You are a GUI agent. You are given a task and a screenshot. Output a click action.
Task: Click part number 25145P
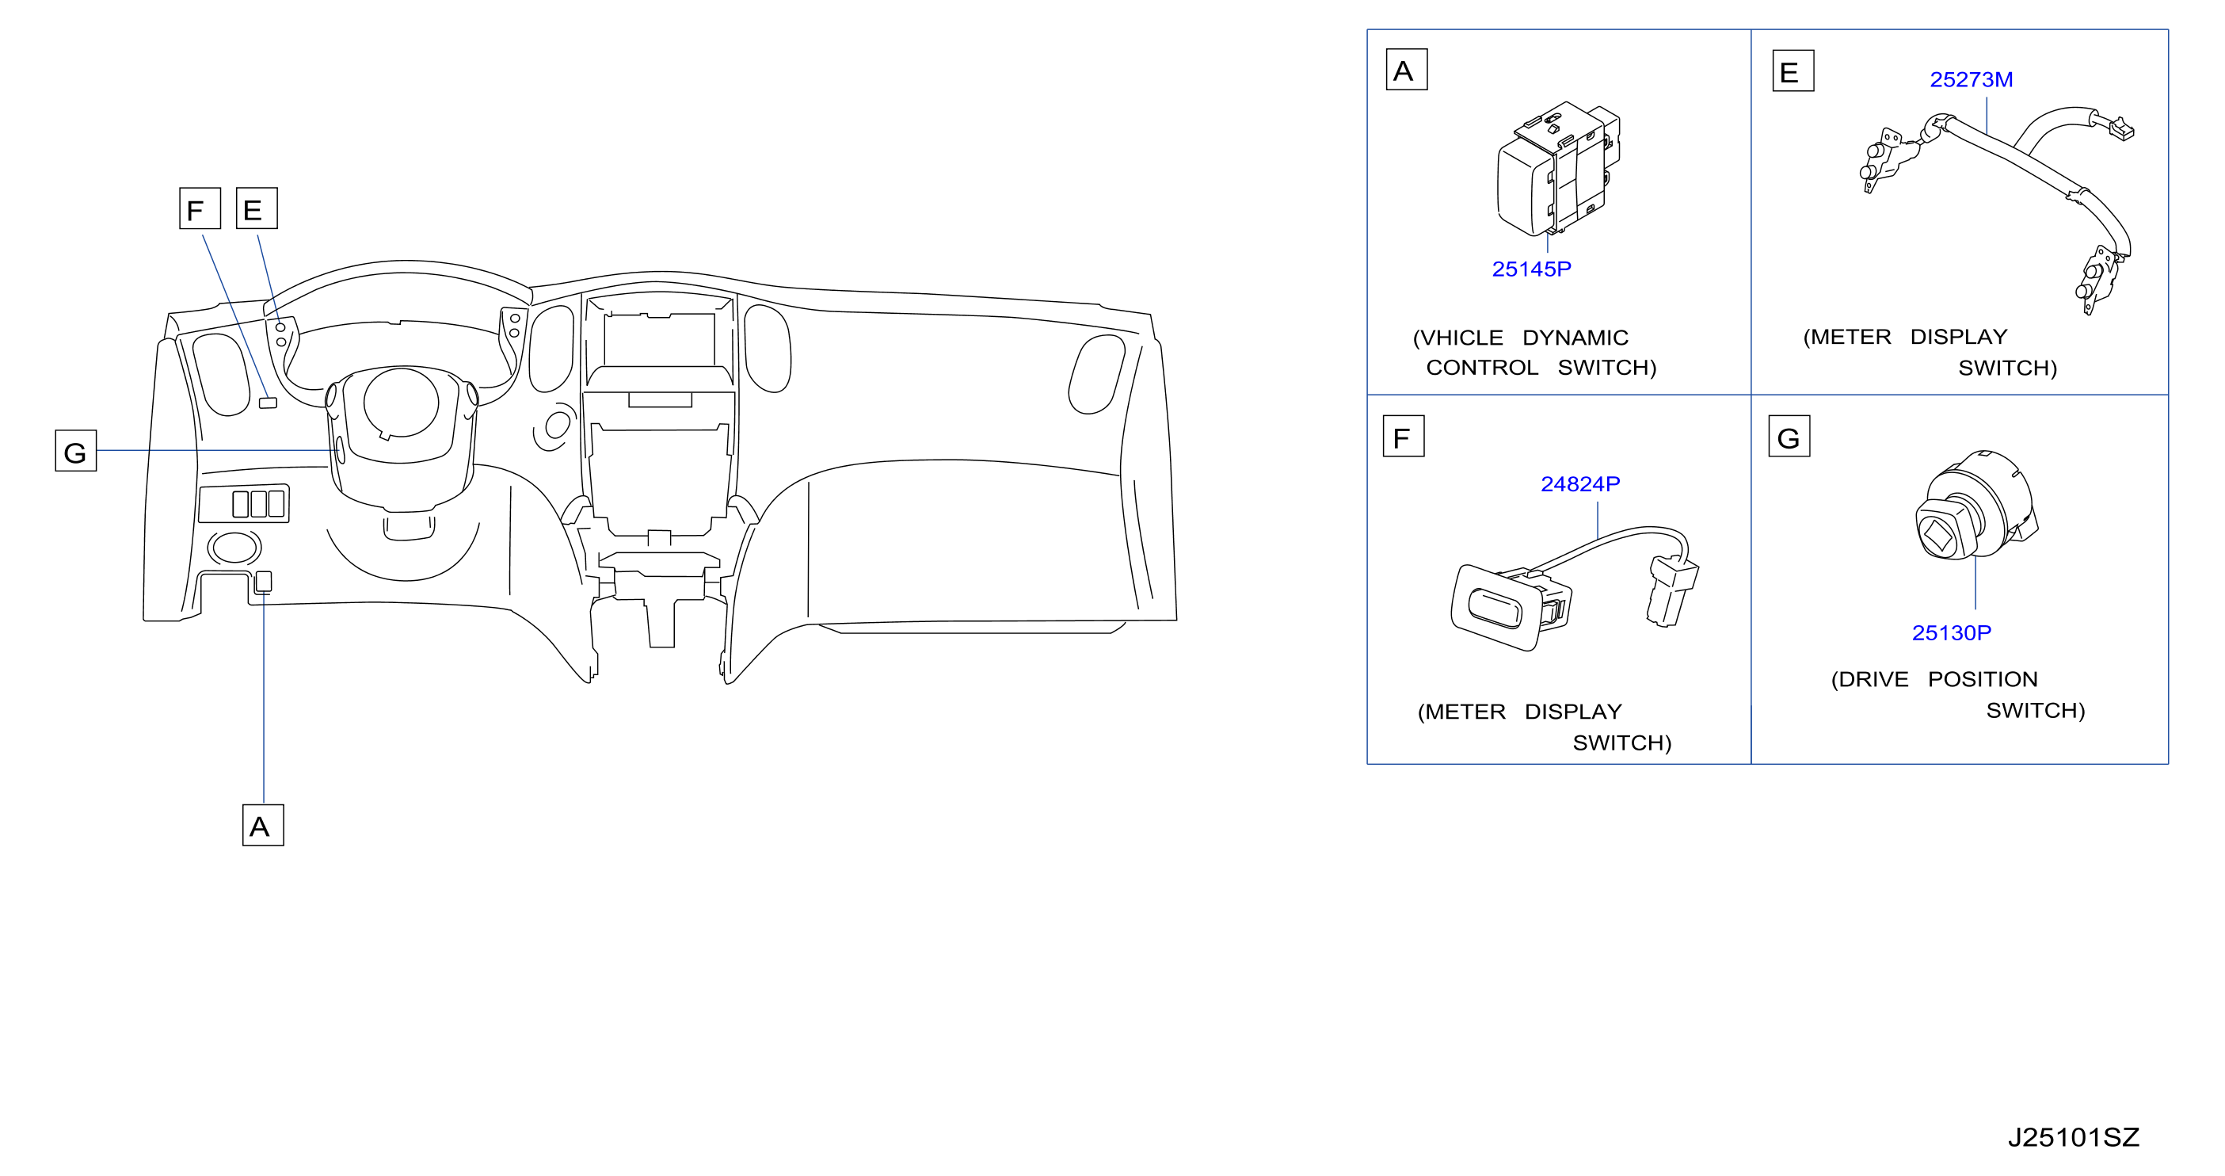point(1531,269)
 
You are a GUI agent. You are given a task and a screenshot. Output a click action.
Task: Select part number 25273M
point(1971,79)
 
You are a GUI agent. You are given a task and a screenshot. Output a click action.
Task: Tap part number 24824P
point(1579,484)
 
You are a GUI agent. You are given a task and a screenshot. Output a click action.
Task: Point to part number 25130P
point(1951,632)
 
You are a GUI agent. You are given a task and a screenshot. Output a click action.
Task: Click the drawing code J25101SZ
point(2073,1137)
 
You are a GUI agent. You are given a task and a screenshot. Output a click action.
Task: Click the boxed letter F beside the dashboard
point(200,208)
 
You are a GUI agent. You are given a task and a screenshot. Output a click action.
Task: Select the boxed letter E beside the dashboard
point(257,208)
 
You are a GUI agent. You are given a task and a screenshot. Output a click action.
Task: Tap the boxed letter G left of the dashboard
point(76,450)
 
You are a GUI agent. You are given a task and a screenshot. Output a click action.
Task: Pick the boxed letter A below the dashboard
point(262,825)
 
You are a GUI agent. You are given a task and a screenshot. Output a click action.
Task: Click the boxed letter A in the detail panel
point(1406,70)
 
